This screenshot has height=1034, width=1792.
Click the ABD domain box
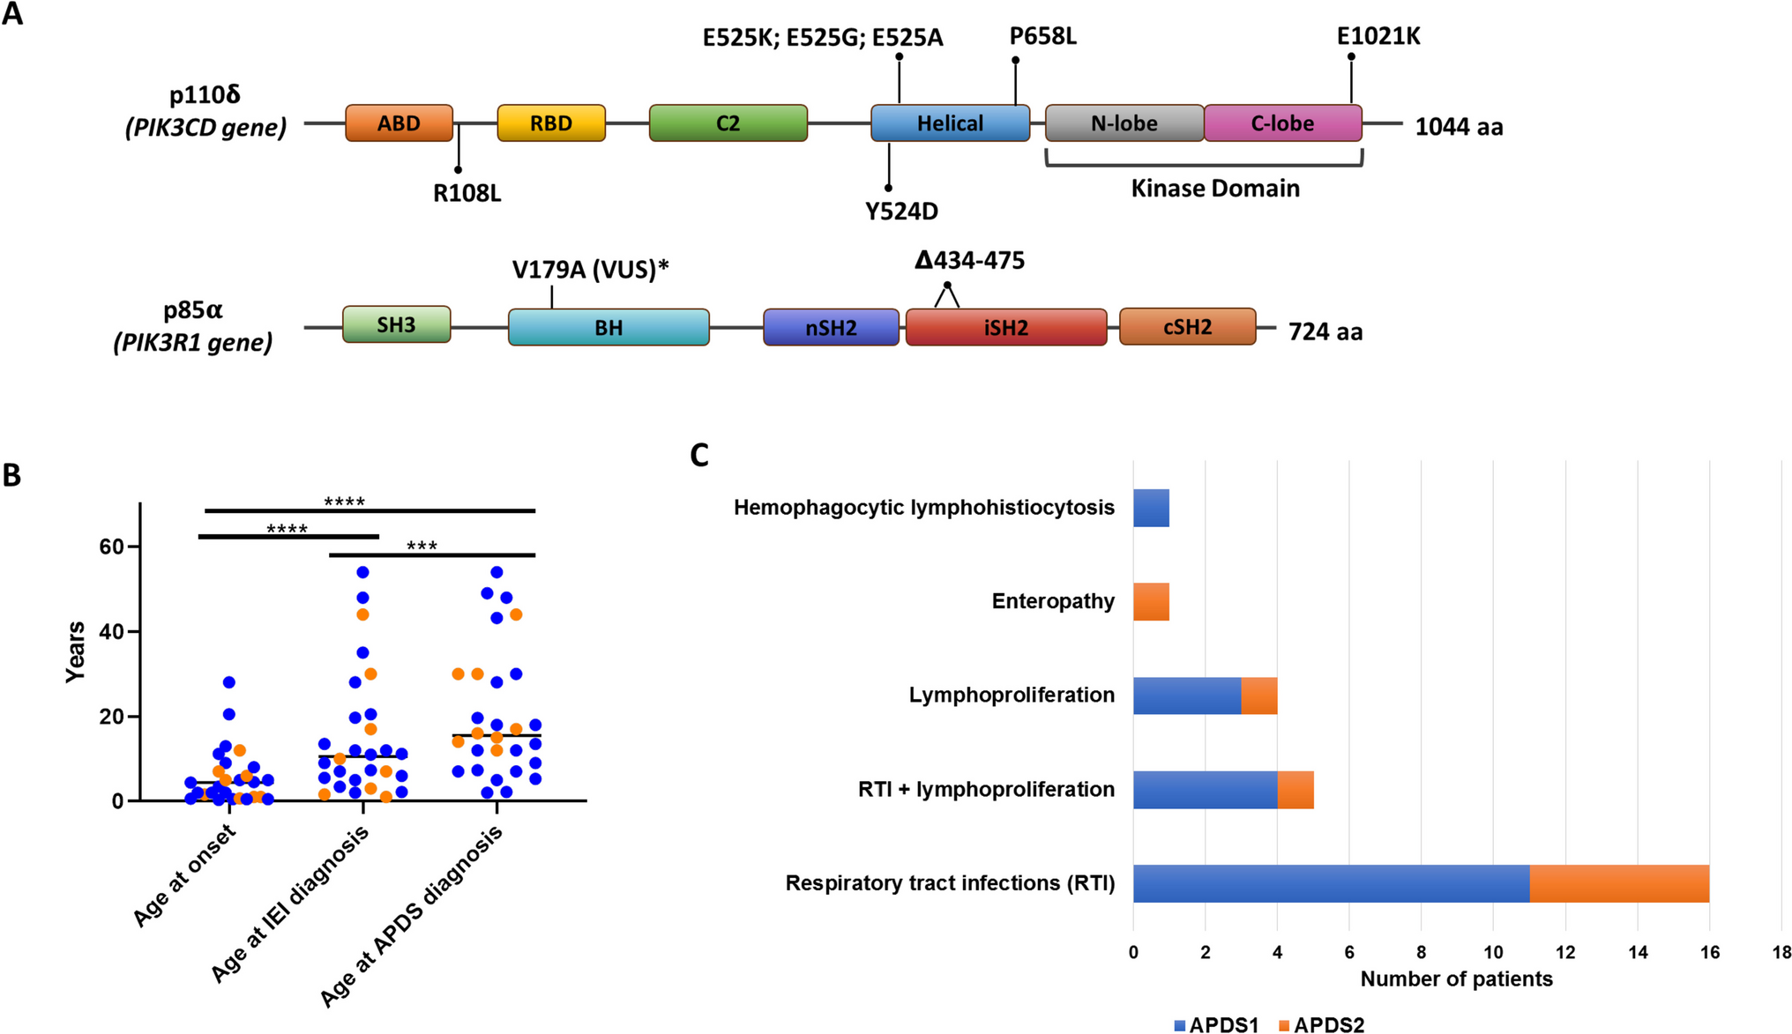coord(399,123)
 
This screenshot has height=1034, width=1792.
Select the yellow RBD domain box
coord(551,123)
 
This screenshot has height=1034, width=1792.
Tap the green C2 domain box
coord(728,123)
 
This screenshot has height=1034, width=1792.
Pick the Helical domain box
coord(950,123)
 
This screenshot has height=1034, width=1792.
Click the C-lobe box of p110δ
coord(1282,123)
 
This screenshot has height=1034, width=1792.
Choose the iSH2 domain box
coord(1005,328)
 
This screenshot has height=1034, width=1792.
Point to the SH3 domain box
coord(396,325)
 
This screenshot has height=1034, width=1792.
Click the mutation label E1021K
coord(1378,37)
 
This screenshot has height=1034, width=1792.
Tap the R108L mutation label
coord(467,193)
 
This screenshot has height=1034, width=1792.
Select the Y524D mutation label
coord(901,212)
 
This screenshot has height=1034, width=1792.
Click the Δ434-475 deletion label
coord(969,261)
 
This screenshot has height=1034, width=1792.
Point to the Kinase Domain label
coord(1214,189)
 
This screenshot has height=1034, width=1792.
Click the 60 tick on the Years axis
coord(112,547)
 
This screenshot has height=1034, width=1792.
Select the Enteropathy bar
coord(1151,602)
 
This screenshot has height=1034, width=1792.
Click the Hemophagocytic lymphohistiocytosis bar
coord(1151,509)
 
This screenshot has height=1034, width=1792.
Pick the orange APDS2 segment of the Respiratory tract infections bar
coord(1619,884)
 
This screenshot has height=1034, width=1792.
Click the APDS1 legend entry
coord(1216,1025)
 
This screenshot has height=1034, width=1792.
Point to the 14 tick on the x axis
coord(1638,953)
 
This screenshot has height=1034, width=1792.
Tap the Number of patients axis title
coord(1456,979)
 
